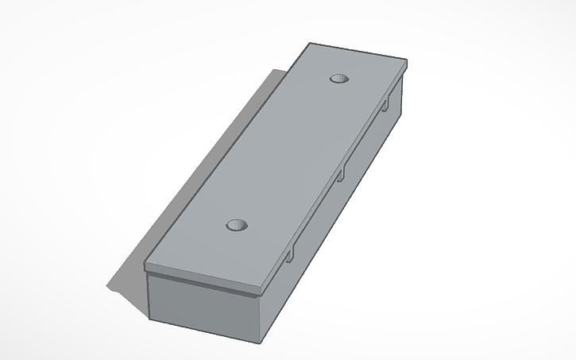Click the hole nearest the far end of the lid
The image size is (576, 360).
point(340,79)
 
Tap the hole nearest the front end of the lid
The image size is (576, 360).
point(237,226)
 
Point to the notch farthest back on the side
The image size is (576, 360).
point(385,105)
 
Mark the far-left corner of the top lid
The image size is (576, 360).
point(311,43)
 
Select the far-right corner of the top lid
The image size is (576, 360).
point(408,61)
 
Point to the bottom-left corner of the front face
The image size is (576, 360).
point(151,319)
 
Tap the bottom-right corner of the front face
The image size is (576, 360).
point(261,343)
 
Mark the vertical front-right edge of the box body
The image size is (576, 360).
point(262,318)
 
